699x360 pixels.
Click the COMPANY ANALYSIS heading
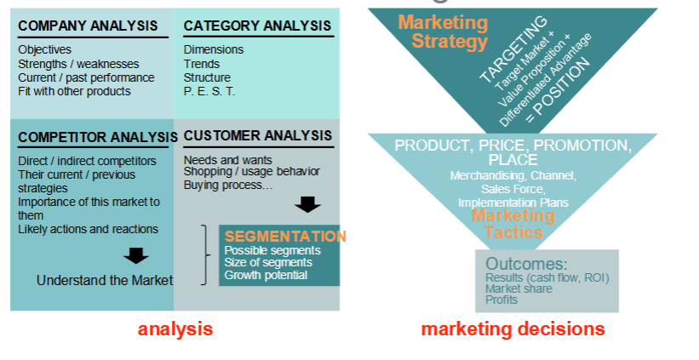coord(88,26)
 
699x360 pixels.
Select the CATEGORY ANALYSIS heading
coord(257,26)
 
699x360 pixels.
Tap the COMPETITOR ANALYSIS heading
coord(92,137)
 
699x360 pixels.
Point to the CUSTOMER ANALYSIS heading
coord(257,135)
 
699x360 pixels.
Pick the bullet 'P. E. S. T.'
coord(209,91)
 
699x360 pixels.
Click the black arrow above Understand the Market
coord(135,254)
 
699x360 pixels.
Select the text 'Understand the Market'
coord(104,280)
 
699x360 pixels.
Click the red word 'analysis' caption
coord(175,329)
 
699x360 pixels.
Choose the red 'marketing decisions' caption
coord(513,329)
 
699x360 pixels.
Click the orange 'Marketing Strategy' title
coord(444,31)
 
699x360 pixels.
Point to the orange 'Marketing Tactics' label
coord(513,224)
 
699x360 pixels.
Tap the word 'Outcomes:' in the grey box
coord(525,264)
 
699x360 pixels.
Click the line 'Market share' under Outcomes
coord(519,289)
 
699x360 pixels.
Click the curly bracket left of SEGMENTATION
coord(204,254)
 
